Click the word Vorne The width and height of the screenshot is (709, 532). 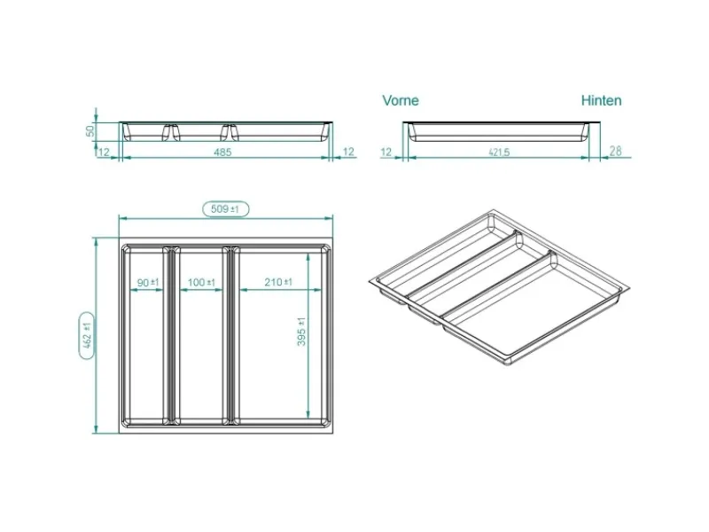[401, 100]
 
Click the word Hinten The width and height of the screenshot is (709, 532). [601, 100]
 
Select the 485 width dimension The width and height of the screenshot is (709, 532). [222, 152]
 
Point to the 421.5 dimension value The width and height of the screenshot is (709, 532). [499, 153]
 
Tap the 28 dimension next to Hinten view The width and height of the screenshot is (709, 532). [615, 151]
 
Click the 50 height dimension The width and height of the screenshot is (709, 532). [90, 130]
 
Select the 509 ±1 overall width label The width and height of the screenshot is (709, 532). [225, 209]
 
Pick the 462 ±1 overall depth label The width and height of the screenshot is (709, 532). [87, 335]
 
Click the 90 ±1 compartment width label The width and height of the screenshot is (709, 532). [148, 283]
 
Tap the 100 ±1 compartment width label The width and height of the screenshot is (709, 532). [201, 283]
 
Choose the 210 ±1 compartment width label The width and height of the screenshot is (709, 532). [278, 282]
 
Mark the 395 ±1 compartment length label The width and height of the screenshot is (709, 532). [301, 332]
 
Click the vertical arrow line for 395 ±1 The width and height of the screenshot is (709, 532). [308, 336]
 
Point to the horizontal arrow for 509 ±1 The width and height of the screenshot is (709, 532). [226, 218]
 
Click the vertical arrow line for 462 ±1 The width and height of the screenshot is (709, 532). [96, 336]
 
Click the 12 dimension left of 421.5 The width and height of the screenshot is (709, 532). [386, 152]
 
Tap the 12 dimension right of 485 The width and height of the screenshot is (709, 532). [348, 152]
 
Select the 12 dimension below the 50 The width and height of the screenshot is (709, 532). [104, 152]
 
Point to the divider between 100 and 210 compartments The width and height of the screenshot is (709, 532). [230, 335]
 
